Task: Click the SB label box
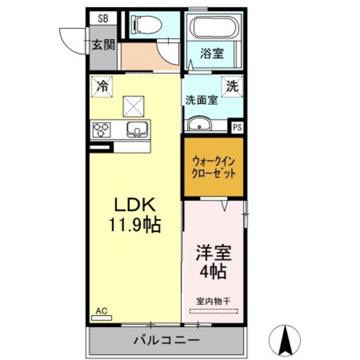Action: [x=103, y=19]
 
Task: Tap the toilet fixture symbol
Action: [x=140, y=24]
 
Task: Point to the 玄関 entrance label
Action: [x=103, y=45]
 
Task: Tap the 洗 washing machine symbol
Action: [x=232, y=85]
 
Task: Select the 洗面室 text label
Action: [x=202, y=100]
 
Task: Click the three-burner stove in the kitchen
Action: [x=102, y=129]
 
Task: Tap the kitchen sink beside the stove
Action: [x=137, y=129]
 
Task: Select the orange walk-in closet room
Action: [x=214, y=167]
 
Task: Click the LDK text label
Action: [x=136, y=205]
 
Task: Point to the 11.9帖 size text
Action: [x=136, y=226]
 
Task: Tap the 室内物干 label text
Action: [x=213, y=300]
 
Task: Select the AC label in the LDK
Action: [x=101, y=310]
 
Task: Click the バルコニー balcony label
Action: [x=166, y=339]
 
